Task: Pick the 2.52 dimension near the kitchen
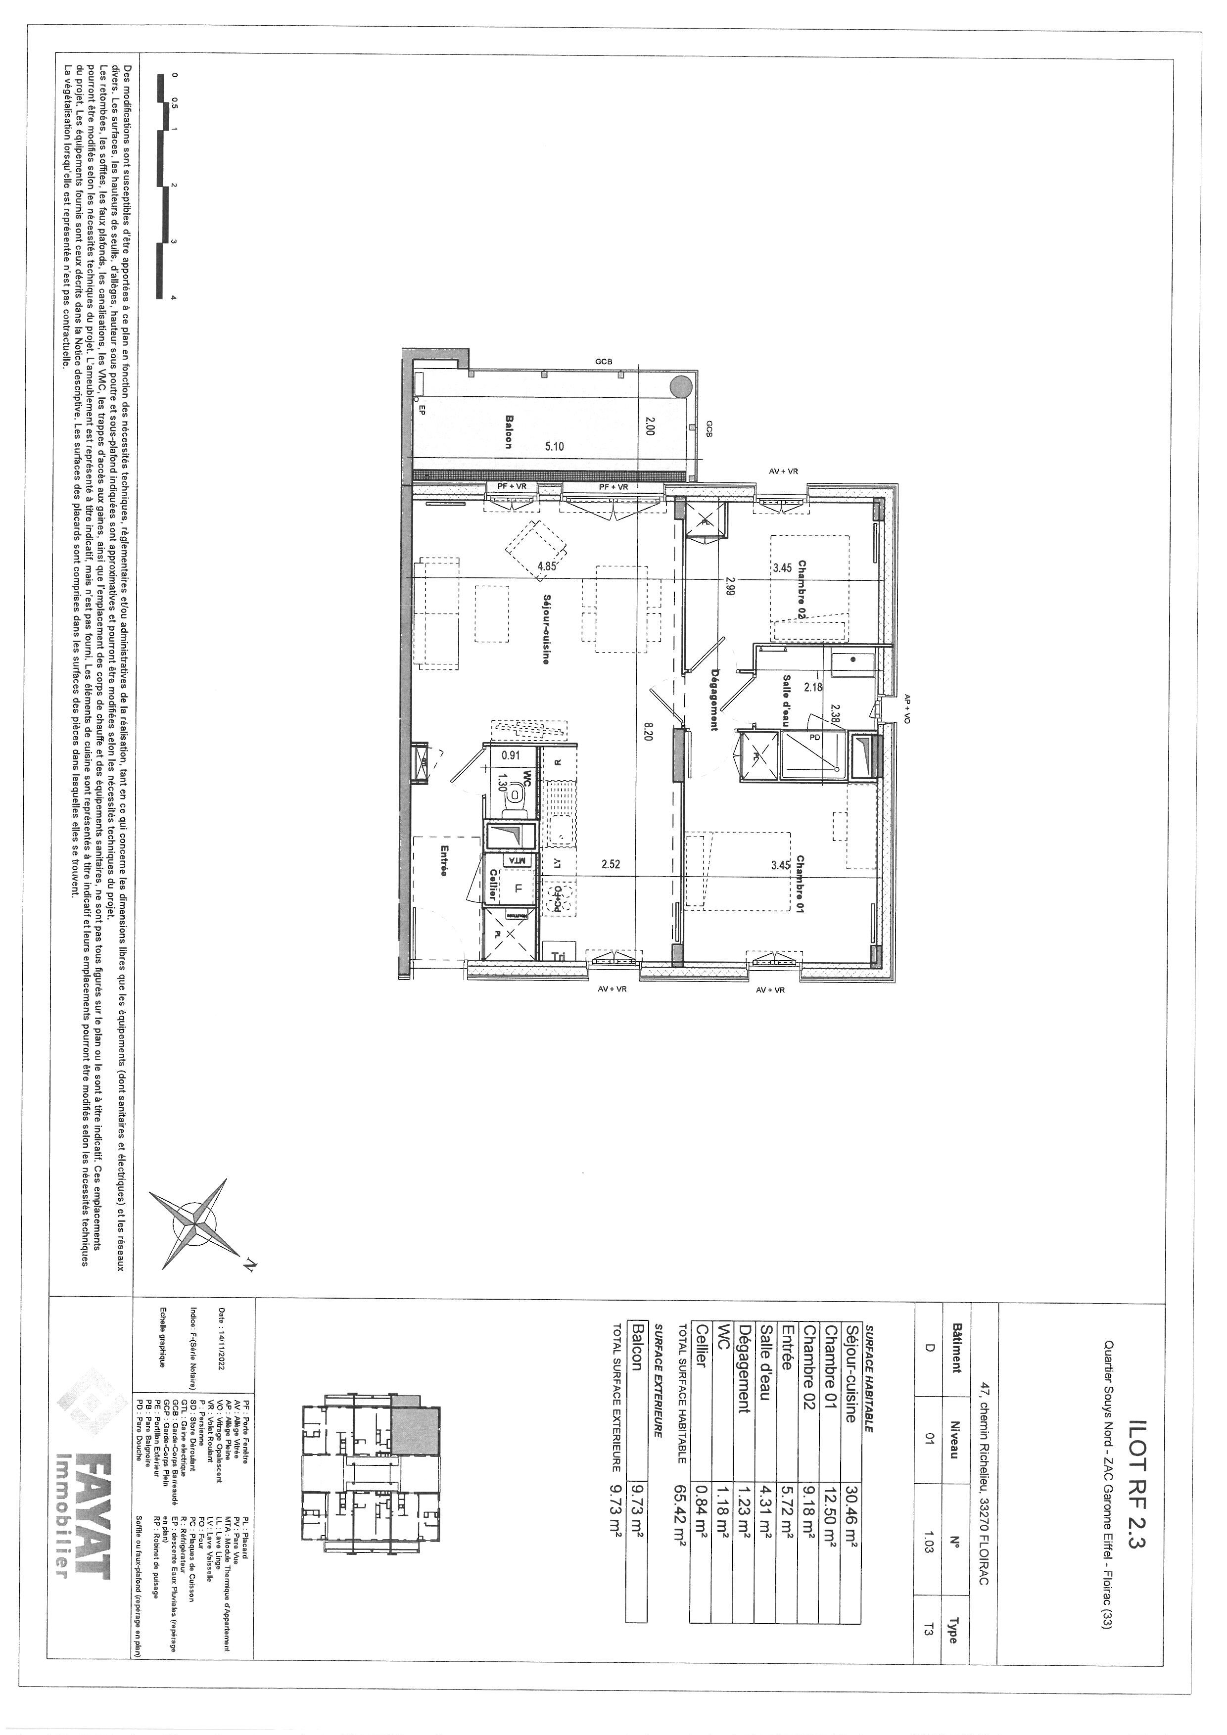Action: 611,864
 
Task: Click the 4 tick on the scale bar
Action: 174,298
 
